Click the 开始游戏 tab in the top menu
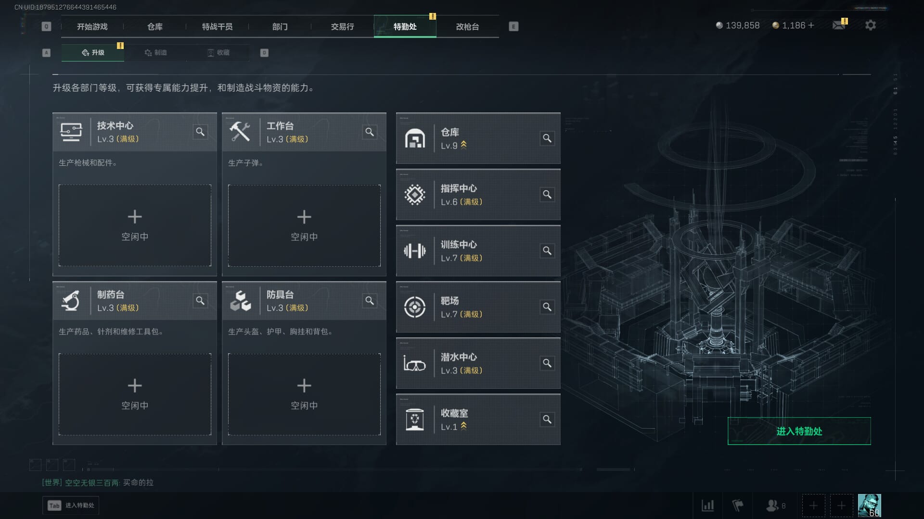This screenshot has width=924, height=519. [x=92, y=27]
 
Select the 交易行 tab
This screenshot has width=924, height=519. [x=342, y=27]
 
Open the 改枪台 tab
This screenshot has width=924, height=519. [x=467, y=27]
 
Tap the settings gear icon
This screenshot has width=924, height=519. [x=870, y=25]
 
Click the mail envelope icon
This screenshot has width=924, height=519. [x=839, y=25]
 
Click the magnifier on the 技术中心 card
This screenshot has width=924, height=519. [x=200, y=132]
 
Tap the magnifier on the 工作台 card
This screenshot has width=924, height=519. [x=370, y=132]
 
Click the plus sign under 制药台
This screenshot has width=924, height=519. [x=135, y=385]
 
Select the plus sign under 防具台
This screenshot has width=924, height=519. [x=304, y=385]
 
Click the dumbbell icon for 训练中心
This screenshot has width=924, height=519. [x=414, y=251]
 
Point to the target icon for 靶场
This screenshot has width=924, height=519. [x=414, y=307]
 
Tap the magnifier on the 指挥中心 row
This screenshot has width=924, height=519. [x=547, y=195]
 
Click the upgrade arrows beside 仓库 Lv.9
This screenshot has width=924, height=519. [x=463, y=145]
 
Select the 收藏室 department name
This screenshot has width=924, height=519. [x=454, y=413]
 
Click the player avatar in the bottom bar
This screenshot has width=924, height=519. [x=869, y=506]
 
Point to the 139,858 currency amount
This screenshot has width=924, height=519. [x=742, y=25]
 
